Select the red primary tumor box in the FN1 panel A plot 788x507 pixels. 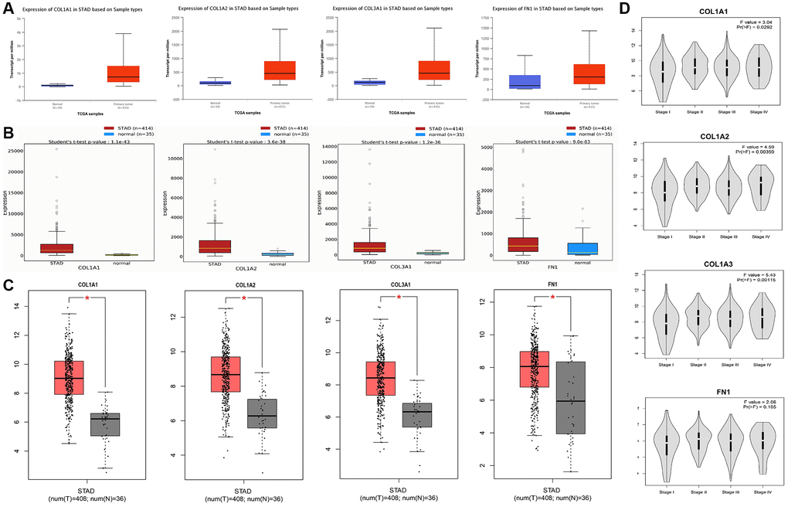click(x=590, y=73)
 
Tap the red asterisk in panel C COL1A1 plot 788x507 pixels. click(x=88, y=298)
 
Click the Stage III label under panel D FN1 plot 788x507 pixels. click(x=728, y=492)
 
